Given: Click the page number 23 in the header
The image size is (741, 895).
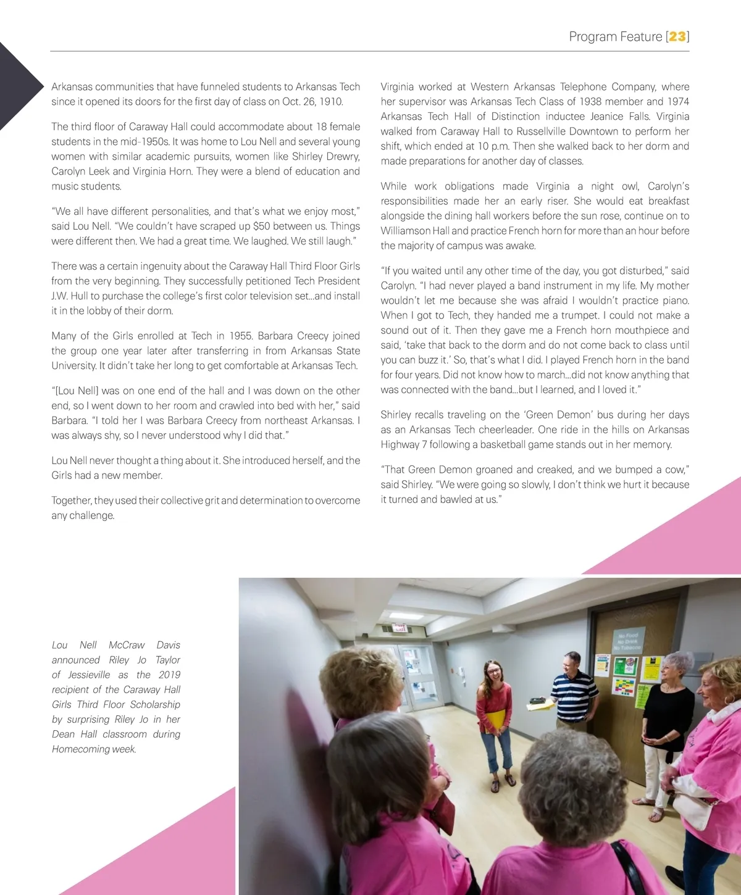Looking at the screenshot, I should (x=677, y=36).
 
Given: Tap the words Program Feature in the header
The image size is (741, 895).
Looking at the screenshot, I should (x=615, y=36).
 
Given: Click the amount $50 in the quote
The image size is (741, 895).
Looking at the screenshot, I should (x=262, y=226).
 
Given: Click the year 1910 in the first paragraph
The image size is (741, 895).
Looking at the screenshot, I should (x=331, y=102).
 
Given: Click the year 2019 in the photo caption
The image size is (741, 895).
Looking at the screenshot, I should (x=169, y=675).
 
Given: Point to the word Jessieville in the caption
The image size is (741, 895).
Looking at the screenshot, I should (x=89, y=675).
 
